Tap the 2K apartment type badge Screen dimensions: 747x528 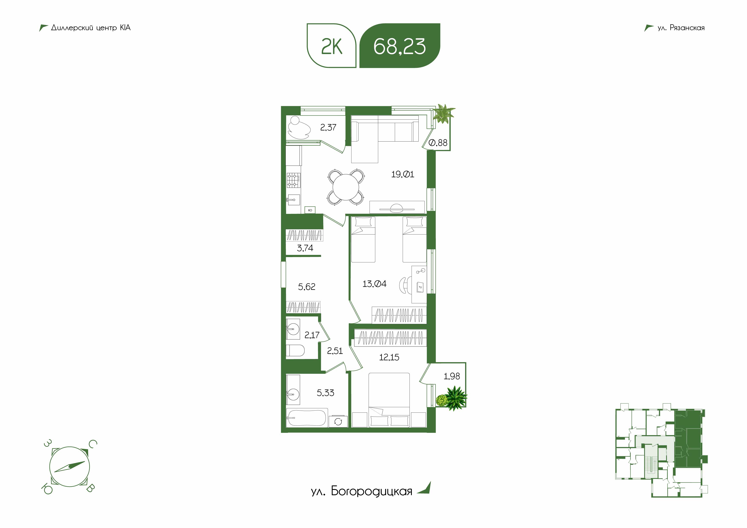(332, 46)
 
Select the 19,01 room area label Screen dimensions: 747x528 (402, 174)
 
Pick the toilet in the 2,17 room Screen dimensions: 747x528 (295, 351)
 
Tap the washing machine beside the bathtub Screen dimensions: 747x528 (338, 422)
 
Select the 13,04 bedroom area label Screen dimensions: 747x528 (375, 284)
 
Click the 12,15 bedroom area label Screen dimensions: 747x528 (389, 357)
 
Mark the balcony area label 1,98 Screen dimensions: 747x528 (452, 376)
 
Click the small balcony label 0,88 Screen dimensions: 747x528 (438, 143)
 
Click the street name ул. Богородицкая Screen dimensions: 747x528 (361, 491)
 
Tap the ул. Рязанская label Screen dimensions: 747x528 (681, 28)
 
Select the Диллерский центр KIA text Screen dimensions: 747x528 (91, 28)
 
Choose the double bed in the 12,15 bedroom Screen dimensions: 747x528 (389, 400)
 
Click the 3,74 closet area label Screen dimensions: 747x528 (305, 248)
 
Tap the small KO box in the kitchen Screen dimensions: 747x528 (310, 210)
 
